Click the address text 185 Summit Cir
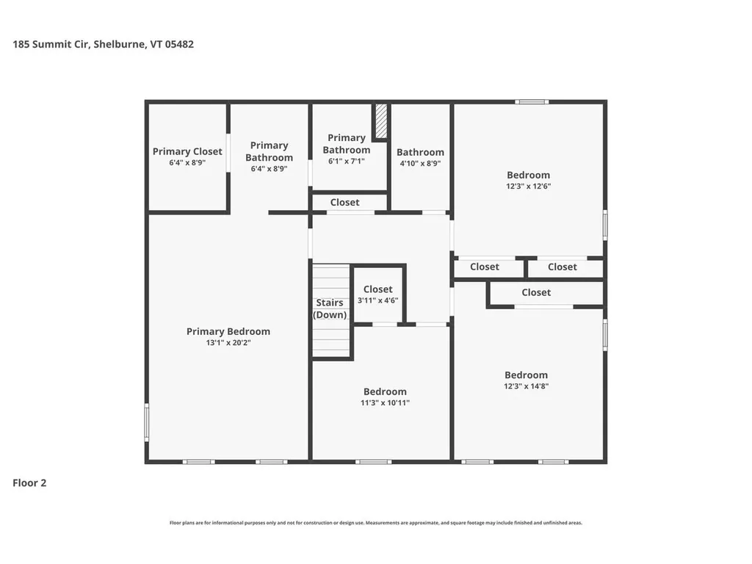pyautogui.click(x=51, y=44)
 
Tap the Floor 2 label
pyautogui.click(x=29, y=483)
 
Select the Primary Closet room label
pyautogui.click(x=187, y=151)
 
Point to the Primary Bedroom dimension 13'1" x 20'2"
pyautogui.click(x=228, y=343)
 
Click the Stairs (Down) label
pyautogui.click(x=330, y=308)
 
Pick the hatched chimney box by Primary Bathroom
pyautogui.click(x=381, y=120)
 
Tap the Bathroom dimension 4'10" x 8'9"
pyautogui.click(x=420, y=164)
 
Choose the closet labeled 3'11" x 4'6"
pyautogui.click(x=378, y=294)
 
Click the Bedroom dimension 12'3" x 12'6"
pyautogui.click(x=528, y=187)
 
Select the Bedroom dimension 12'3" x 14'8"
pyautogui.click(x=526, y=386)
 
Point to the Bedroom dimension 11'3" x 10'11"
pyautogui.click(x=385, y=402)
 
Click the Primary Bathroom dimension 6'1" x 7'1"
pyautogui.click(x=346, y=161)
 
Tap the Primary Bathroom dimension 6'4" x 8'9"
pyautogui.click(x=269, y=168)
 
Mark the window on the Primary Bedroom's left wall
pyautogui.click(x=147, y=422)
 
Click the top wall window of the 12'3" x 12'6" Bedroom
pyautogui.click(x=532, y=102)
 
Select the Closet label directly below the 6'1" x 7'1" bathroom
pyautogui.click(x=345, y=202)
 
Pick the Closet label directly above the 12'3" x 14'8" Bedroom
pyautogui.click(x=536, y=292)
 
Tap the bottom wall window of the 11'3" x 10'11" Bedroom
pyautogui.click(x=373, y=461)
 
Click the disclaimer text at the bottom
pyautogui.click(x=376, y=523)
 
